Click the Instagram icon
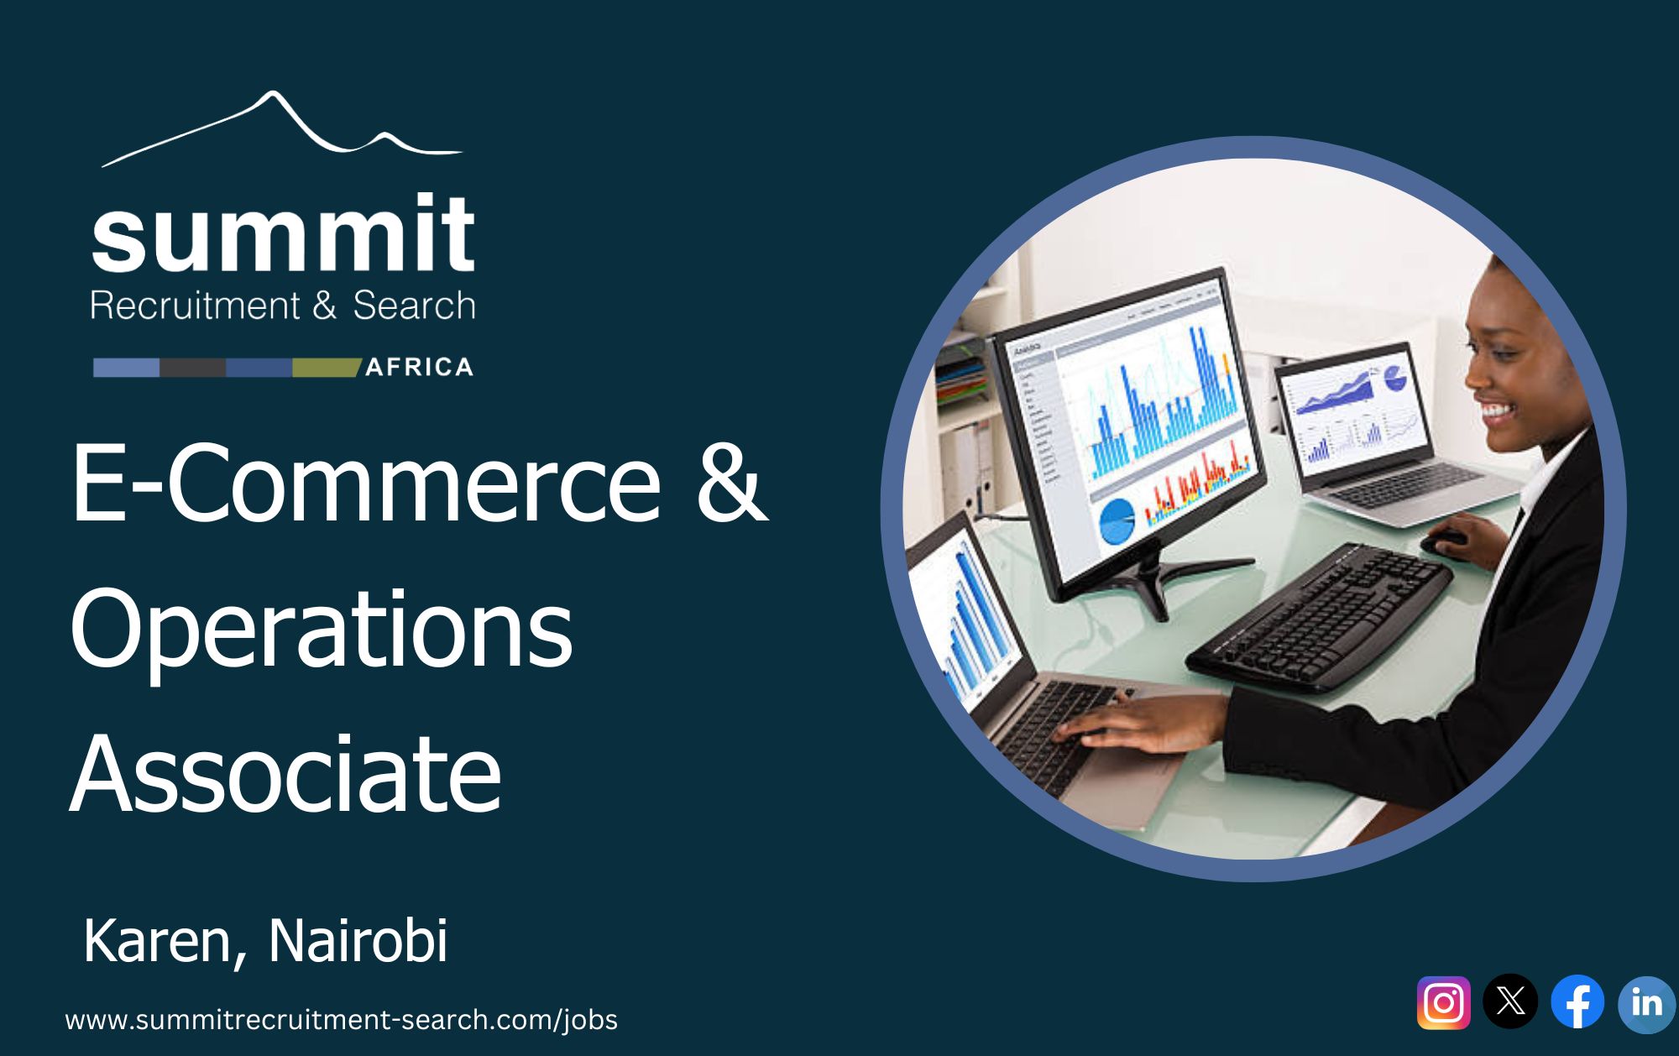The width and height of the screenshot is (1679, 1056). point(1444,1002)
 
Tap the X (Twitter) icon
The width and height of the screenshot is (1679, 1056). point(1510,1001)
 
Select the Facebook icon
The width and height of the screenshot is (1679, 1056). point(1577,1001)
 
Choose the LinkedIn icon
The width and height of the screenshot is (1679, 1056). point(1647,1003)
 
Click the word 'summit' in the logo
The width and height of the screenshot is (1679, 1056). point(283,233)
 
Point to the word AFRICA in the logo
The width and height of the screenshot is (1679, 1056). point(420,367)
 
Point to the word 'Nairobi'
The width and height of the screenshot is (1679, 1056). point(358,941)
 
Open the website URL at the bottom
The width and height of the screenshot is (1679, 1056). point(341,1020)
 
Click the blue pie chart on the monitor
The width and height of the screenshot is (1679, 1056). point(1116,520)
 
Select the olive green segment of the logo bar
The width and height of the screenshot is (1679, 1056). point(326,368)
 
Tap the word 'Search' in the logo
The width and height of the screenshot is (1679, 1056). point(414,306)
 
